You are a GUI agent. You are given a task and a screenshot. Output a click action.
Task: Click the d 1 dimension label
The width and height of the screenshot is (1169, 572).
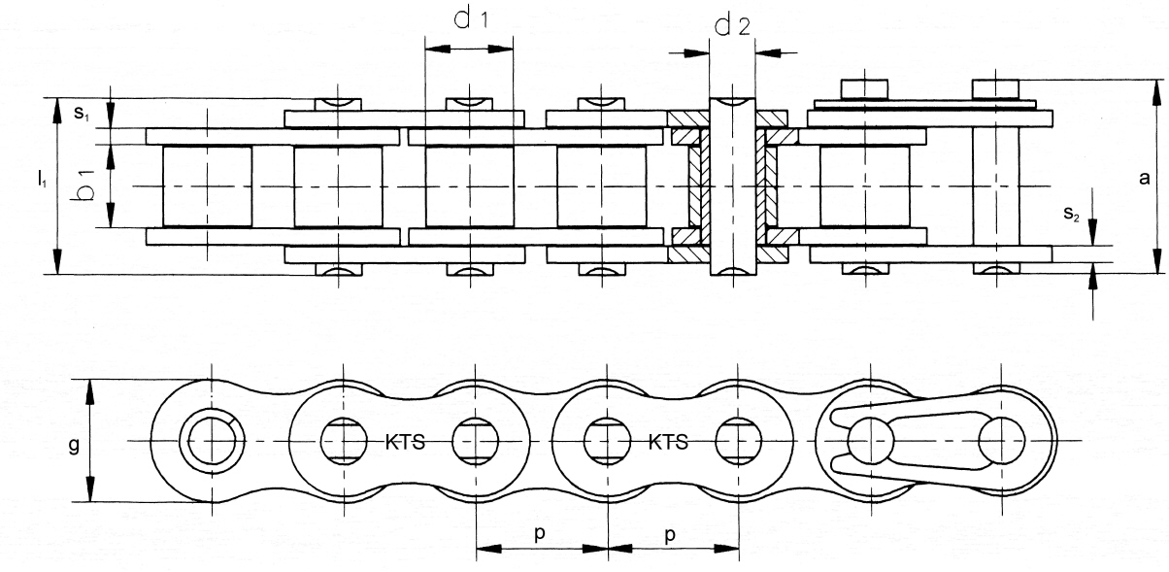tap(471, 19)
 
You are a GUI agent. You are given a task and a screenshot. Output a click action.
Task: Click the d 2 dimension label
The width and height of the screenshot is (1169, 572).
tap(732, 25)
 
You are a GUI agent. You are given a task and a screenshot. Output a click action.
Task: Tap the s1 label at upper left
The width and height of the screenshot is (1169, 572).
tap(82, 113)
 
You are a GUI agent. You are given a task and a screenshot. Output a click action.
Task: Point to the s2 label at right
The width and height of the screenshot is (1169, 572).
tap(1071, 214)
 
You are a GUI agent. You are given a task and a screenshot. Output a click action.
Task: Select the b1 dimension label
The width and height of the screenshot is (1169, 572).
tap(83, 185)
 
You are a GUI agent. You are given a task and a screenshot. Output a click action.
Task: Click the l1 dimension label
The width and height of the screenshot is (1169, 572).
tap(43, 180)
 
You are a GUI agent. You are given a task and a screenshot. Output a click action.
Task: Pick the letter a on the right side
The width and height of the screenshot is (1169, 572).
tap(1145, 179)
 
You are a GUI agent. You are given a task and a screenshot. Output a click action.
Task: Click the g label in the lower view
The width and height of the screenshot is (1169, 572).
tap(74, 446)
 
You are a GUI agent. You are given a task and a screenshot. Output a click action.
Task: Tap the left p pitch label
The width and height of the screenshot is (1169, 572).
tap(540, 533)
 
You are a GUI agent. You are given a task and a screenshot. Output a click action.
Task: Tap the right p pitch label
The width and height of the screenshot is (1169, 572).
tap(670, 534)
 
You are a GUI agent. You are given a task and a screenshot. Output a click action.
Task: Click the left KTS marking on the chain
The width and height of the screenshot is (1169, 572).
tap(405, 443)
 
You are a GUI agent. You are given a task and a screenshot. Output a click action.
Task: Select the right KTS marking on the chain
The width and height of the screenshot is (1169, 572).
tap(668, 443)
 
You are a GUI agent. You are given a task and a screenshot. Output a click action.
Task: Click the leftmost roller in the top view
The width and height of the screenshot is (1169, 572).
tap(207, 186)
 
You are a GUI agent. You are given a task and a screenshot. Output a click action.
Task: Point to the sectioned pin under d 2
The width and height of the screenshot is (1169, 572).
tap(733, 186)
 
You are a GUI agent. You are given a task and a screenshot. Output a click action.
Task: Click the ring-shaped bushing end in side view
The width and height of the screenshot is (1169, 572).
tap(212, 441)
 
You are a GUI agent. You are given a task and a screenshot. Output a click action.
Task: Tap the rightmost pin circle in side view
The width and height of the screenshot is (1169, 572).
tap(1001, 441)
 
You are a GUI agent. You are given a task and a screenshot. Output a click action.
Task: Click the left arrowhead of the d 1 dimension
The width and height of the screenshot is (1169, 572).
tap(437, 50)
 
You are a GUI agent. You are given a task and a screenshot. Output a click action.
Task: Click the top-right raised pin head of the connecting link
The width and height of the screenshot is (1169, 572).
tap(996, 88)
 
